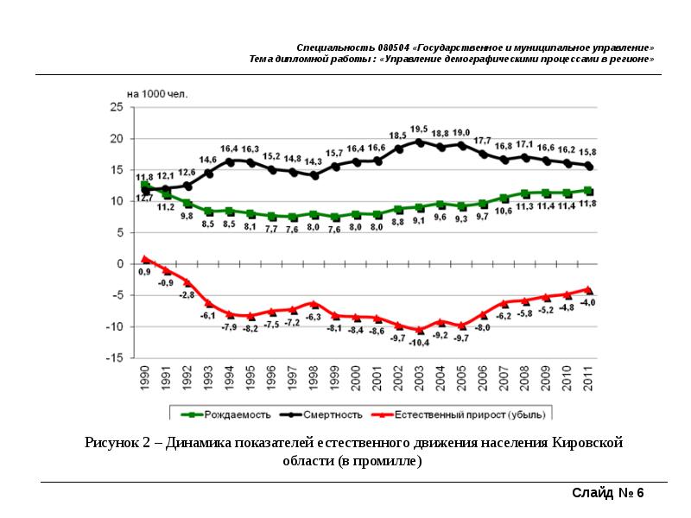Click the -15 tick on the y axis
pos(115,357)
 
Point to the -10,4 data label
pos(420,343)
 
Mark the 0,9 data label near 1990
pos(144,272)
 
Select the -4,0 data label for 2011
pos(589,303)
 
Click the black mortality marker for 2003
pos(420,142)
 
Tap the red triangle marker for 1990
pos(145,258)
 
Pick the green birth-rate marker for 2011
pos(588,191)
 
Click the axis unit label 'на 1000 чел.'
pos(156,92)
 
